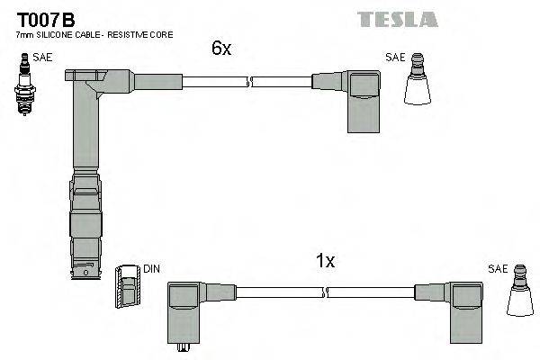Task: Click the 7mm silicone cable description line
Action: point(94,34)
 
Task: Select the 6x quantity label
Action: point(221,49)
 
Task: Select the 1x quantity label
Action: point(325,261)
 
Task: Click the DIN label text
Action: point(151,269)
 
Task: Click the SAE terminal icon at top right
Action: point(418,82)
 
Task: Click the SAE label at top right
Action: point(394,57)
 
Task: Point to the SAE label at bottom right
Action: point(497,268)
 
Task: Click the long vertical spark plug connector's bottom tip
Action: point(82,272)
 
